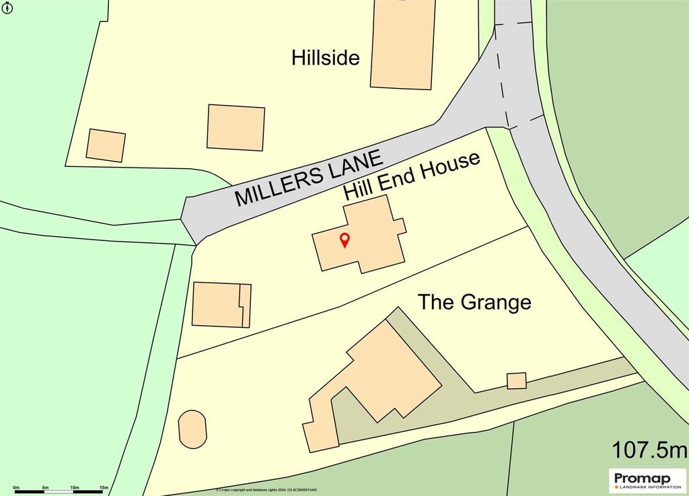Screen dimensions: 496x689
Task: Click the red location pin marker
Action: coord(344,240)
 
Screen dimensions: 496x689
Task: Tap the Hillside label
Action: coord(326,58)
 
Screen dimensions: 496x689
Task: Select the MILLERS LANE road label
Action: coord(310,178)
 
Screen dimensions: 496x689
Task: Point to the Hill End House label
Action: coord(412,176)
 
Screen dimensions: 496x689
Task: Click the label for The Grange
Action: coord(474,302)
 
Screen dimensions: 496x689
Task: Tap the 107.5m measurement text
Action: coord(649,448)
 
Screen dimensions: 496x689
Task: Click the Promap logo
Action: coord(647,481)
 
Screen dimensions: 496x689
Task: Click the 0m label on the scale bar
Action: coord(16,487)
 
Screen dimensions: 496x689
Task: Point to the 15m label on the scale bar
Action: coord(104,487)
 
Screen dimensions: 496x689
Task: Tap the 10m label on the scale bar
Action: coord(75,487)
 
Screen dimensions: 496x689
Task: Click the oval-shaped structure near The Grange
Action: coord(192,429)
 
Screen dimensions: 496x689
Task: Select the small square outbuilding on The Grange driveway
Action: coord(516,380)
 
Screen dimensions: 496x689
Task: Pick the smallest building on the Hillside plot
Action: coord(106,145)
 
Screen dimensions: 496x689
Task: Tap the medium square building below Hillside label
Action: coord(235,127)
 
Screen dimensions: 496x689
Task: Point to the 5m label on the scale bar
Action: coord(46,487)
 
